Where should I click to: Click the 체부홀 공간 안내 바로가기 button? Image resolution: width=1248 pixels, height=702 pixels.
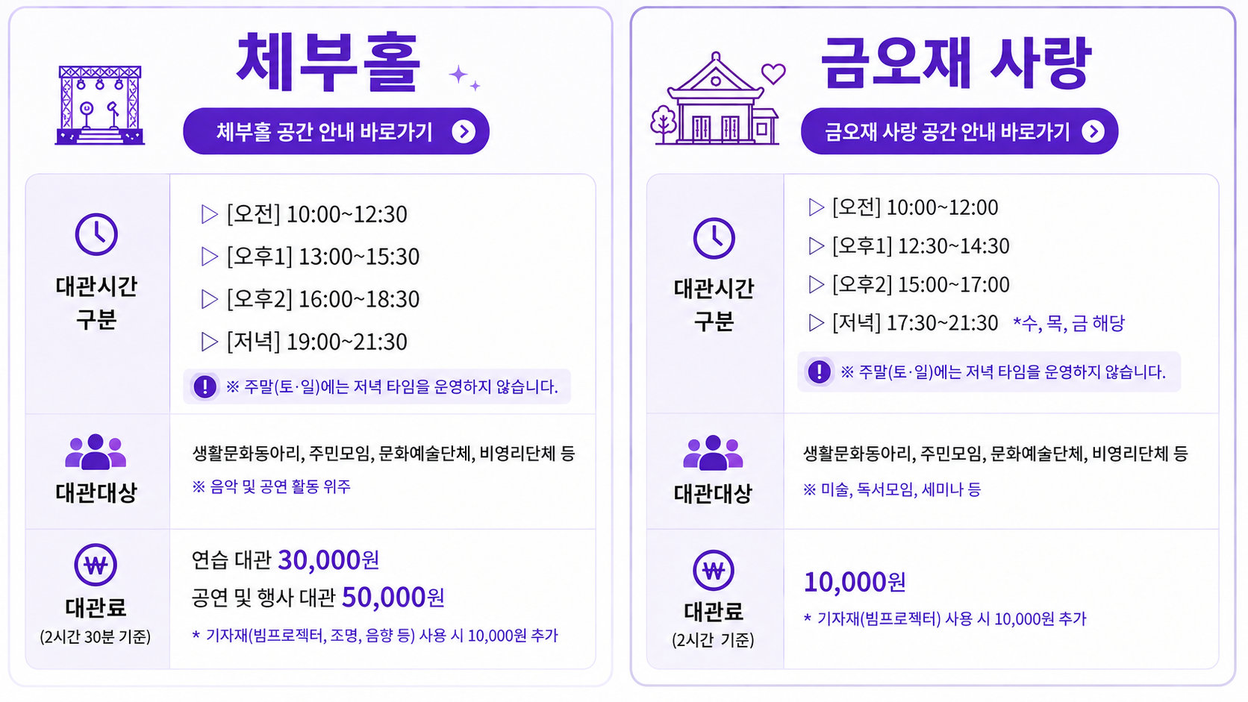pyautogui.click(x=336, y=131)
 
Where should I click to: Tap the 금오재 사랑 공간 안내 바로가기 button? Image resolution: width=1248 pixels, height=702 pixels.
pyautogui.click(x=959, y=131)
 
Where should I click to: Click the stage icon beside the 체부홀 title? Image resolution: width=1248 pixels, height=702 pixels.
pyautogui.click(x=100, y=105)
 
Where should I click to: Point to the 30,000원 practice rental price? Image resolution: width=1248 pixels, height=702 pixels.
pyautogui.click(x=328, y=560)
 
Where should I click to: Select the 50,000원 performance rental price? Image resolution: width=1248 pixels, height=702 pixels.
pyautogui.click(x=393, y=598)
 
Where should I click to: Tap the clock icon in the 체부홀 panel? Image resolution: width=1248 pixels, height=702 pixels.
pyautogui.click(x=96, y=234)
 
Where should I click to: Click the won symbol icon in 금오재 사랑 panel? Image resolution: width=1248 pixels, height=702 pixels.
pyautogui.click(x=714, y=571)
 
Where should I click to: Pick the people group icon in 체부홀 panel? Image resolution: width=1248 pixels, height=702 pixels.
pyautogui.click(x=96, y=451)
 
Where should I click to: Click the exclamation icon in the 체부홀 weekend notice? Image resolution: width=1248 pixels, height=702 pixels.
pyautogui.click(x=205, y=386)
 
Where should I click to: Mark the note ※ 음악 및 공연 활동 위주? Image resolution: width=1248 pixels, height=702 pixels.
pyautogui.click(x=272, y=486)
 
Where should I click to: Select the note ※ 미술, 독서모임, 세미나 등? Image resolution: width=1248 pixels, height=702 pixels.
pyautogui.click(x=891, y=490)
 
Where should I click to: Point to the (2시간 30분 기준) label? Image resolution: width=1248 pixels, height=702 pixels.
pyautogui.click(x=96, y=636)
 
